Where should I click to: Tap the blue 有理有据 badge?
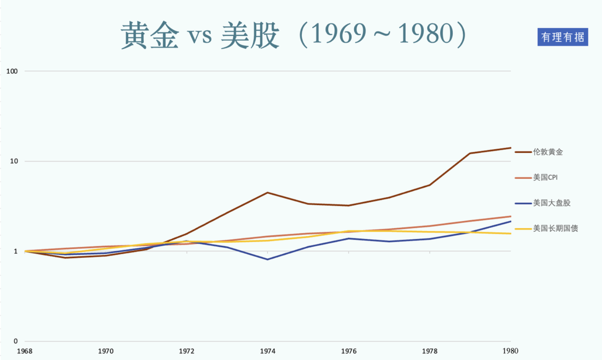click(562, 37)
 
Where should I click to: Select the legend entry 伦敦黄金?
click(548, 152)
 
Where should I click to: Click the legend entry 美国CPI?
click(545, 178)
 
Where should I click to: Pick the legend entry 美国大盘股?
click(551, 203)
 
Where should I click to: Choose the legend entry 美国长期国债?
click(555, 228)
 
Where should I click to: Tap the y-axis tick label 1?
click(16, 251)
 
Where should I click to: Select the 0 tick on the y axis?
click(16, 341)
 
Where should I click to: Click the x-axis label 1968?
click(24, 351)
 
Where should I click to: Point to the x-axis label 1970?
click(105, 351)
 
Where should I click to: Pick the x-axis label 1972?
click(187, 351)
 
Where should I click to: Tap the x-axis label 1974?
click(268, 351)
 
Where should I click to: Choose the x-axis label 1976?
click(349, 351)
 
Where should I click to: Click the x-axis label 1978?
click(429, 351)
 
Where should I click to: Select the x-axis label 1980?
click(510, 351)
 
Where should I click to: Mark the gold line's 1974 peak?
click(268, 193)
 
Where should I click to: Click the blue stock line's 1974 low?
click(268, 259)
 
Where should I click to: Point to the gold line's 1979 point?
click(470, 153)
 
